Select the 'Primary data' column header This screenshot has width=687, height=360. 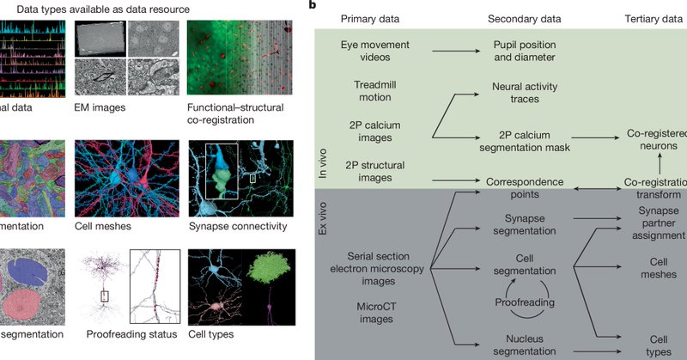pos(373,19)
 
